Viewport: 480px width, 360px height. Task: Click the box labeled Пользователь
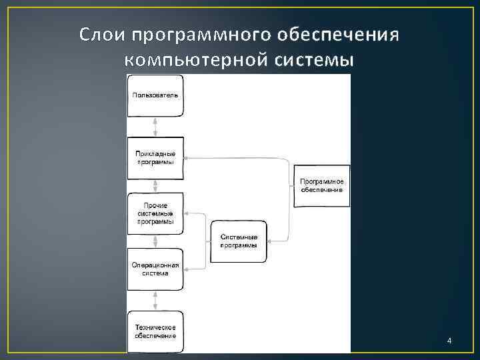(x=155, y=95)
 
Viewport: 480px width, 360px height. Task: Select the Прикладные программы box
(x=155, y=157)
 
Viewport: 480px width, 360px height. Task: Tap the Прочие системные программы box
(x=155, y=213)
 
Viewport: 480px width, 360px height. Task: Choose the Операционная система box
(x=155, y=269)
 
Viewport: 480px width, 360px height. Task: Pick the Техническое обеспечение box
(x=155, y=331)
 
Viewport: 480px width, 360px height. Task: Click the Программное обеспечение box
(x=321, y=185)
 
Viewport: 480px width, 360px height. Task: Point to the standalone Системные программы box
(x=238, y=241)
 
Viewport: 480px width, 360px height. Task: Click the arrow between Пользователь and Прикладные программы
(x=155, y=127)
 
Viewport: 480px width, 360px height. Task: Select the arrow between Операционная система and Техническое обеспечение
(x=155, y=301)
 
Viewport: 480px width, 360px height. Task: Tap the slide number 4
(x=449, y=341)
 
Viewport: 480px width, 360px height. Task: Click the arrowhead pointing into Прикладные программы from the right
(x=186, y=158)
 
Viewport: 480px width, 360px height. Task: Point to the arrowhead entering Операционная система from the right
(x=186, y=269)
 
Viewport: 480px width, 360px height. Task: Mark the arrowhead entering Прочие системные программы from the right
(x=186, y=213)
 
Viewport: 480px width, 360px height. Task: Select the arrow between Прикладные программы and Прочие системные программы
(x=155, y=185)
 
